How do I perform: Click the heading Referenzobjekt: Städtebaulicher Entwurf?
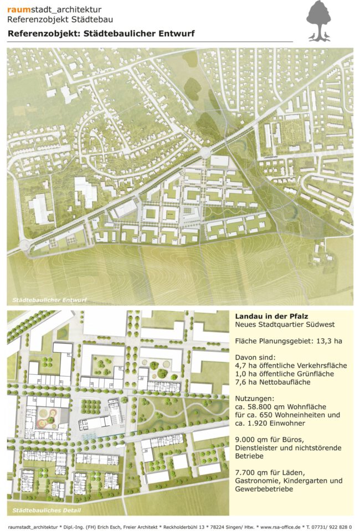[101, 34]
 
